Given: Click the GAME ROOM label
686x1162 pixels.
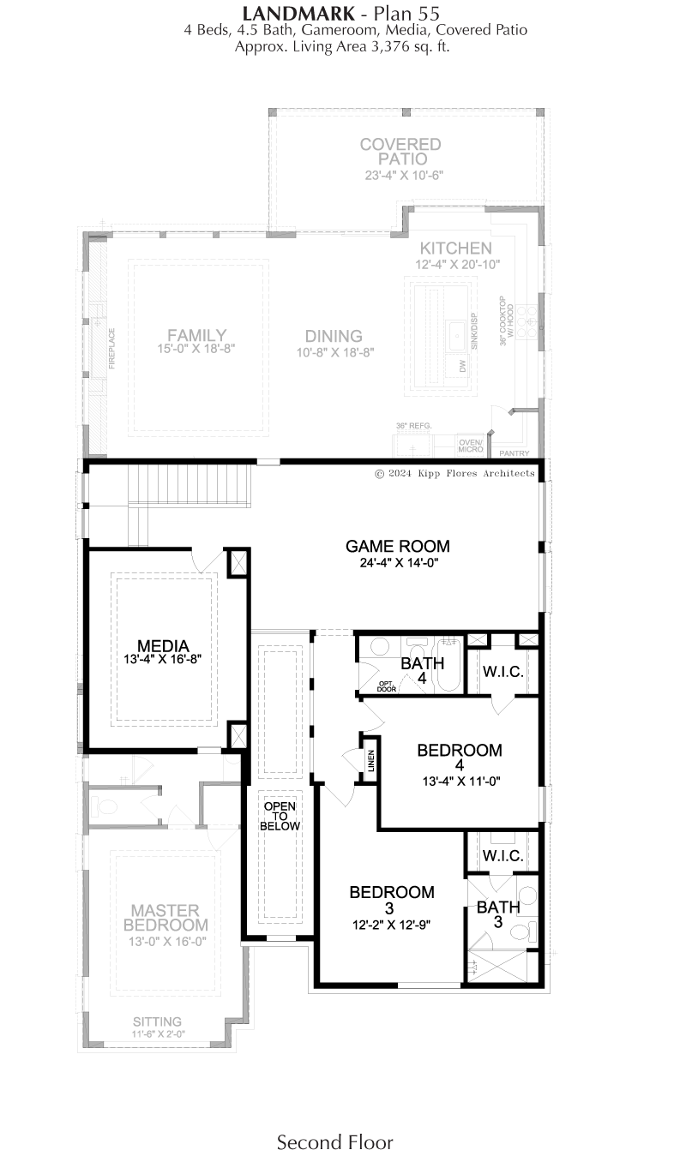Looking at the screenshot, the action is coord(398,546).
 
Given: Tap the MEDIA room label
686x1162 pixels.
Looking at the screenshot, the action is coord(163,646).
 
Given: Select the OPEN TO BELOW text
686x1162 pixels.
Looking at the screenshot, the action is coord(280,816).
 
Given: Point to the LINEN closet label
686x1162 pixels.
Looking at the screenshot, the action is coord(371,761).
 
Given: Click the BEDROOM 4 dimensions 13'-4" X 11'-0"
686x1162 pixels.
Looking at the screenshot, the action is coord(461,782).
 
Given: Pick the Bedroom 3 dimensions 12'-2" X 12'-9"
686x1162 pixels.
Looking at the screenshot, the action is coord(391,925).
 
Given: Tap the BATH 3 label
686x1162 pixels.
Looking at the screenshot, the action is coord(498,914).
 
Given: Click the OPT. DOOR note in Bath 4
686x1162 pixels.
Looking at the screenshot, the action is coord(387,686).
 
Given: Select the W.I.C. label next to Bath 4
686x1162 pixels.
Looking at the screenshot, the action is coord(502,672).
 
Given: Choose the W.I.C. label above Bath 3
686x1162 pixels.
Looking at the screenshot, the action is coord(502,855).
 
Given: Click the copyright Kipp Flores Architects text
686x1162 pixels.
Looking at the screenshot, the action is coord(454,473).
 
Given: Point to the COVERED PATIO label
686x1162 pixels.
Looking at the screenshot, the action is coord(400,152).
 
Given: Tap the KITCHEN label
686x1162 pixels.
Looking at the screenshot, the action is coord(455,248).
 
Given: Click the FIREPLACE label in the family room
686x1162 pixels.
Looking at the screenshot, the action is coord(111,349).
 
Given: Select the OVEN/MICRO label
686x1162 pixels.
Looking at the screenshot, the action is coord(471,446).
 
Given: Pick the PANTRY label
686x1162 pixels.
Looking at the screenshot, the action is coord(514,453).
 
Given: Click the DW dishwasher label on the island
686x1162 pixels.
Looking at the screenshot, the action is coord(463,366).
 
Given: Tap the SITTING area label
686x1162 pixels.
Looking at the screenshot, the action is coord(157,1021).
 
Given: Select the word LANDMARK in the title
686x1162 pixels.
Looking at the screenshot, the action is coord(299,13).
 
